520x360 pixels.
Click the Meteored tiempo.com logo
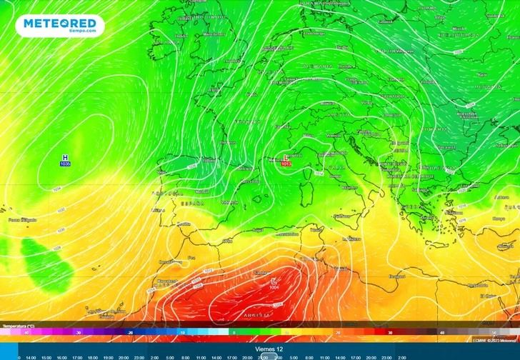pyautogui.click(x=62, y=25)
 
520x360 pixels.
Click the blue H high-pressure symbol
pyautogui.click(x=66, y=157)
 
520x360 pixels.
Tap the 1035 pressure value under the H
pyautogui.click(x=66, y=164)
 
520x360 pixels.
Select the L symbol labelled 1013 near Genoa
pyautogui.click(x=286, y=157)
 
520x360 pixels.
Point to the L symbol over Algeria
pyautogui.click(x=274, y=281)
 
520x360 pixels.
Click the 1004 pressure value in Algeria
pyautogui.click(x=274, y=288)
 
